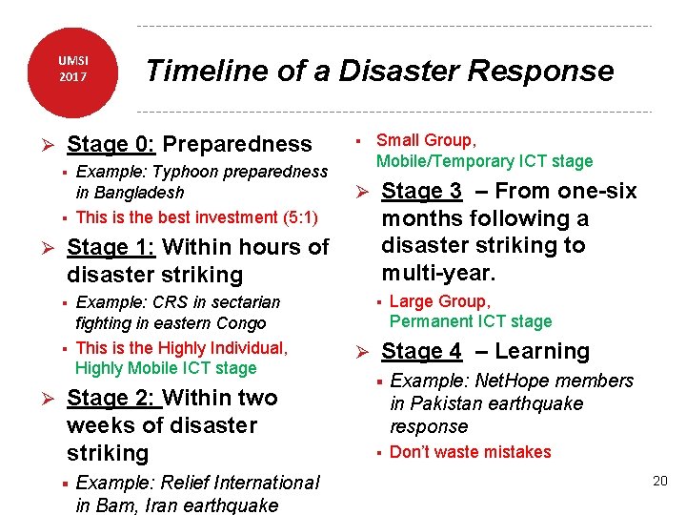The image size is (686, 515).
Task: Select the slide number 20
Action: coord(659,481)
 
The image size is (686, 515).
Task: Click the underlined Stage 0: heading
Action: coord(111,145)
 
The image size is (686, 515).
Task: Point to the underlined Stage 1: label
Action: coord(111,248)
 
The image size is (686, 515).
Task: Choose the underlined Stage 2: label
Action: coord(111,399)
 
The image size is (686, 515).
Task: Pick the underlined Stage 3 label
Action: coord(421,192)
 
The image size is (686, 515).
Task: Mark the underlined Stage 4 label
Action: coord(421,352)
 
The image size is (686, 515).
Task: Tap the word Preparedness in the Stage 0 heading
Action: coord(237,145)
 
